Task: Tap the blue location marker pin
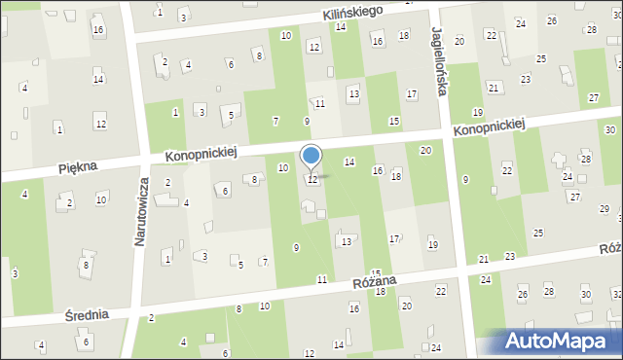311,157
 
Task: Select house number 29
604,209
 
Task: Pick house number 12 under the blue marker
311,180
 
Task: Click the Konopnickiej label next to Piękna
202,154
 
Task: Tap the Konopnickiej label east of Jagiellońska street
490,127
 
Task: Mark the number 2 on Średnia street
151,318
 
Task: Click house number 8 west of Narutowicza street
87,265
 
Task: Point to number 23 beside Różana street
510,256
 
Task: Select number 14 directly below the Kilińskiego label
340,26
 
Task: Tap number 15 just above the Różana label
375,273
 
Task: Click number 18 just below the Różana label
380,291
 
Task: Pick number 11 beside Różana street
321,279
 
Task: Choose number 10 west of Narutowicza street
101,199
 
